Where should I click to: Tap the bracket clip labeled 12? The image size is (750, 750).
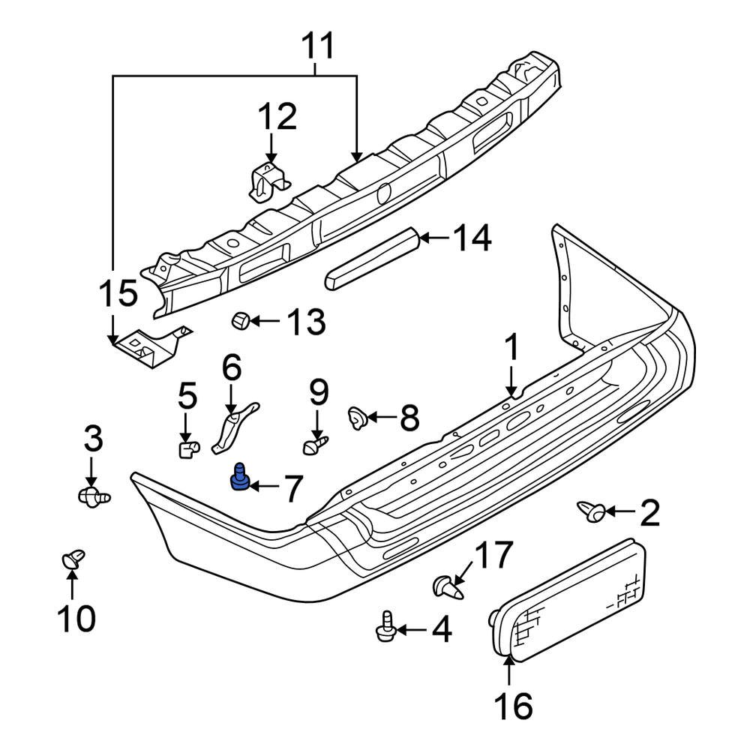pyautogui.click(x=267, y=182)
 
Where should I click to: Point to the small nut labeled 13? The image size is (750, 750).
pyautogui.click(x=239, y=321)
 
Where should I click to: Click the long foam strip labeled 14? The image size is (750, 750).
pyautogui.click(x=372, y=258)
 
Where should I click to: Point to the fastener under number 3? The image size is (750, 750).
pyautogui.click(x=93, y=495)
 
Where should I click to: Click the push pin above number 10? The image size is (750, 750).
pyautogui.click(x=72, y=559)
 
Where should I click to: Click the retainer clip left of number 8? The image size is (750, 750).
pyautogui.click(x=357, y=416)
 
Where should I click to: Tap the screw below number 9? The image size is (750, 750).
pyautogui.click(x=314, y=446)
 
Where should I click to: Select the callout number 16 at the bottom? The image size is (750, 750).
pyautogui.click(x=513, y=706)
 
